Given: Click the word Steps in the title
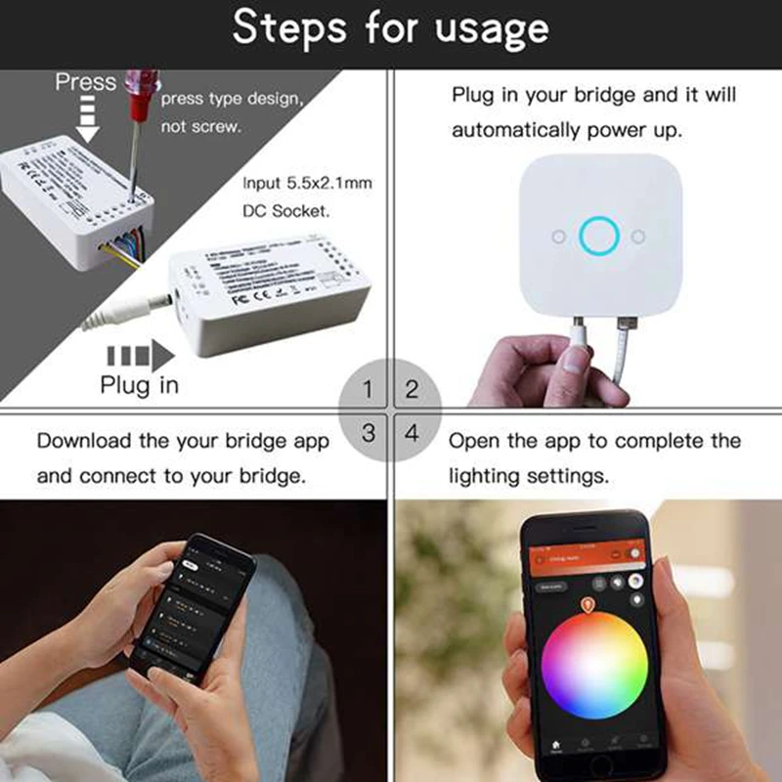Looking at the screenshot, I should (x=289, y=29).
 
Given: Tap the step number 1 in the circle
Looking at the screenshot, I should (x=368, y=390).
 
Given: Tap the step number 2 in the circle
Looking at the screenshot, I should (x=412, y=390).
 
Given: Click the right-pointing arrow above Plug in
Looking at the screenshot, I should (x=138, y=351).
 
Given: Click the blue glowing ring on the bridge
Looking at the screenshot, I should (x=596, y=236).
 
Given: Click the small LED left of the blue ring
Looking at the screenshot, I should (x=556, y=236).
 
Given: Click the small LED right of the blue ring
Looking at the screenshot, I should (x=636, y=236).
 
